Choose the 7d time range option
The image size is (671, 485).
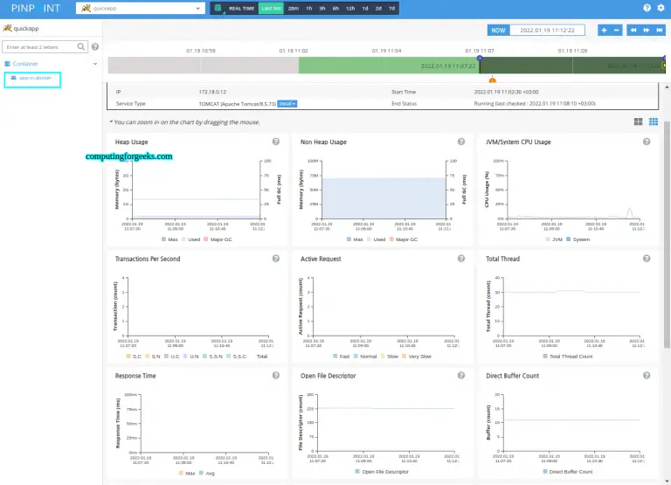(391, 8)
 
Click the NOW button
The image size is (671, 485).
(498, 30)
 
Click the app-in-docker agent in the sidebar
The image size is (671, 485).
(31, 79)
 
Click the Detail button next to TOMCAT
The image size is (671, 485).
(287, 103)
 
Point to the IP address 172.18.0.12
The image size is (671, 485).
(212, 91)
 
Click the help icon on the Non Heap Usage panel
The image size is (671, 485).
(460, 142)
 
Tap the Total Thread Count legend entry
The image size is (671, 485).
(571, 356)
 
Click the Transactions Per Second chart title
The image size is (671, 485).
(149, 259)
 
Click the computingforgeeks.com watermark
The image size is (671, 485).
(128, 156)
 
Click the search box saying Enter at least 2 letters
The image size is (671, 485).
(44, 46)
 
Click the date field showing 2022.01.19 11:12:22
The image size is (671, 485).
(548, 30)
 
